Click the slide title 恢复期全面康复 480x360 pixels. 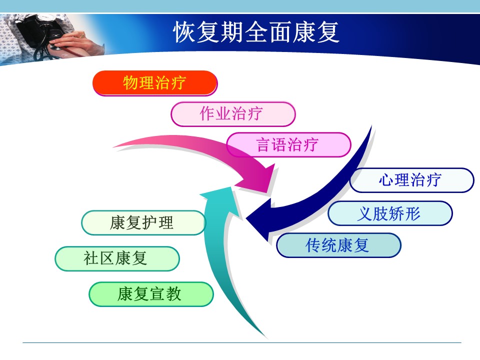point(256,32)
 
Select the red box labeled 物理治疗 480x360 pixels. point(155,83)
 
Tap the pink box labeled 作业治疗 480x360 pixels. point(233,114)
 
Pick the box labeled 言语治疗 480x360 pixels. point(288,145)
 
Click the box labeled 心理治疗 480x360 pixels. point(411,180)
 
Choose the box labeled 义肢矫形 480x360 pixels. point(390,213)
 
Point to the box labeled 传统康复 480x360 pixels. point(338,245)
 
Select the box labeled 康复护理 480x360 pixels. point(143,223)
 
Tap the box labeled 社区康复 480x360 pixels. point(117,258)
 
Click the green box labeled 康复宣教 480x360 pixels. point(151,294)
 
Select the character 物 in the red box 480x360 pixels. point(130,83)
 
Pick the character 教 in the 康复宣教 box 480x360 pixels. point(174,294)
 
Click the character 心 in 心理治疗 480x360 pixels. point(386,180)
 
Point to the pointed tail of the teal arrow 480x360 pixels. point(265,336)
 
